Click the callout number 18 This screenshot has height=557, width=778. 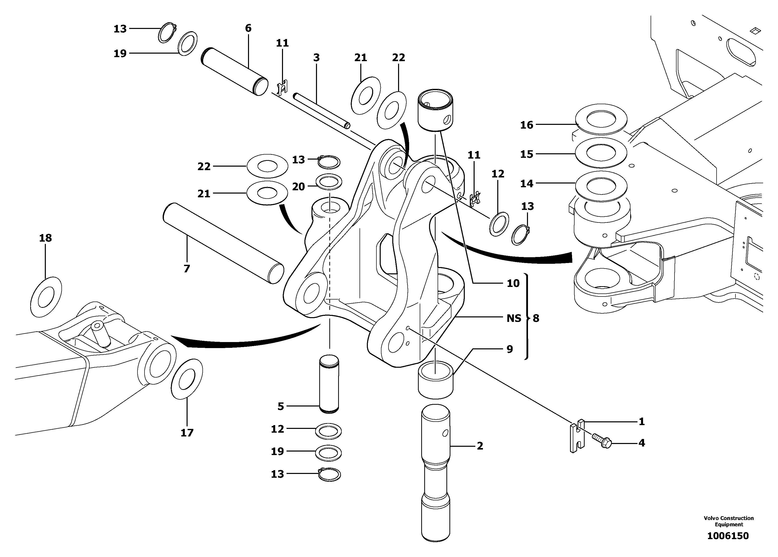[45, 238]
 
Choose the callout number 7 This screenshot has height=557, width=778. [187, 269]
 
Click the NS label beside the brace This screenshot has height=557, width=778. [514, 318]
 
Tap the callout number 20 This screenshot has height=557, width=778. [298, 187]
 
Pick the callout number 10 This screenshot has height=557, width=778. [513, 283]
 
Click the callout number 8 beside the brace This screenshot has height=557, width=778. [536, 318]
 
